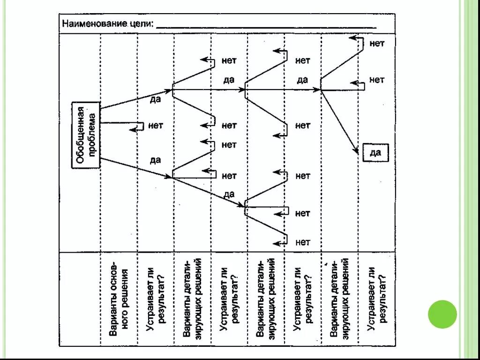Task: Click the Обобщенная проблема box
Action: [86, 135]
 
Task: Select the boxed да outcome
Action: [375, 152]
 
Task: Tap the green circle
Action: [442, 314]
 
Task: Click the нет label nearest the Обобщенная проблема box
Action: [156, 125]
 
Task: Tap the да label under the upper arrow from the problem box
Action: [155, 99]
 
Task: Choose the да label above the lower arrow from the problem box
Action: [155, 160]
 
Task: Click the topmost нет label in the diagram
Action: [377, 43]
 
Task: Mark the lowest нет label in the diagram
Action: [303, 242]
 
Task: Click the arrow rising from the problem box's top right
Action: [136, 99]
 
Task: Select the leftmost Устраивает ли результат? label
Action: [156, 299]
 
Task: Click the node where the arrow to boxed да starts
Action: [321, 89]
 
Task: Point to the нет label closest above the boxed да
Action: [377, 80]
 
